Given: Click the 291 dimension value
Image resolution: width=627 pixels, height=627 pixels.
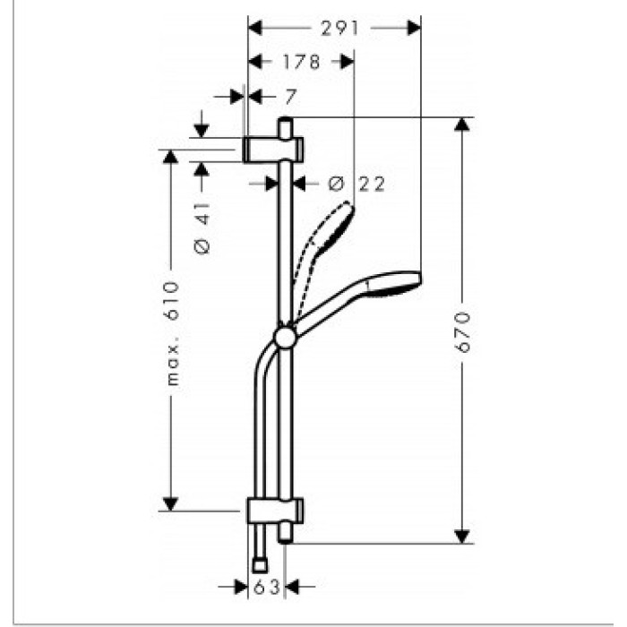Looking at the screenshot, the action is (339, 29).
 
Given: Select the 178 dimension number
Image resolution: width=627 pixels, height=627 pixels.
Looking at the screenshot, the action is (302, 62).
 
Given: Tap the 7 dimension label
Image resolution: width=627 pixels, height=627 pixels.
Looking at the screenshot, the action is (291, 97).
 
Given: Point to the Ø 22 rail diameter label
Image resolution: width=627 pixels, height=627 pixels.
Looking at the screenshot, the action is (356, 184).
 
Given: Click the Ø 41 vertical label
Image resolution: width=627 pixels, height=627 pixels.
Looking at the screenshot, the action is (202, 228).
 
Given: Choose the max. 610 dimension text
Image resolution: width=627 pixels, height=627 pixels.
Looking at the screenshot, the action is (173, 333).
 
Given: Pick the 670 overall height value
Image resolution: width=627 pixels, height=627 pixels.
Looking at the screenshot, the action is (463, 332).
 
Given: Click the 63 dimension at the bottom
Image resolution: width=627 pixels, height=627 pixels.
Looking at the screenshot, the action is (267, 587).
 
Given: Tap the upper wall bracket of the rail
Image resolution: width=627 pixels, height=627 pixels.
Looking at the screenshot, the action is (273, 150).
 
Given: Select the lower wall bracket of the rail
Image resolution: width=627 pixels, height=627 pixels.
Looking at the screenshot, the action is (275, 511).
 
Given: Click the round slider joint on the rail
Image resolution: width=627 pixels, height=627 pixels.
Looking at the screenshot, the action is (286, 338).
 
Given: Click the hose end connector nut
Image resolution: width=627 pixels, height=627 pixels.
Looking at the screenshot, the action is (261, 566).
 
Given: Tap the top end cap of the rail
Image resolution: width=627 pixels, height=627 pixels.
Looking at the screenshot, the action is (286, 127).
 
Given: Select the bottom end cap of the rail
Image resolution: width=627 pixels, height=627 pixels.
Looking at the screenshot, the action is (286, 534).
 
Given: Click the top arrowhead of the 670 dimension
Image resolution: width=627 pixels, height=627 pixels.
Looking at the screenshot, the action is (462, 125).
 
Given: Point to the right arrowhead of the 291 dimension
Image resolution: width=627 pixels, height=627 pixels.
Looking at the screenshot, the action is (414, 28).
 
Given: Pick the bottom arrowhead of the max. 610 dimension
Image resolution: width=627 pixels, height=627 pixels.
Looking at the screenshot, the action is (171, 504).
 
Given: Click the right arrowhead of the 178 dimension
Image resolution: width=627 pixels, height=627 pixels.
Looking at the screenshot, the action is (348, 62).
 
